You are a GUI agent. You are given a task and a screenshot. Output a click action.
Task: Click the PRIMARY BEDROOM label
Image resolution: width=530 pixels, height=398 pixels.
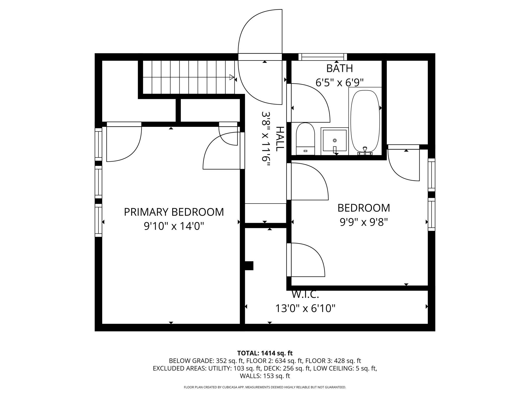[174, 212]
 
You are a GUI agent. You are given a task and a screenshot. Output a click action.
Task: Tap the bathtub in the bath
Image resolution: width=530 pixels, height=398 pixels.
[365, 121]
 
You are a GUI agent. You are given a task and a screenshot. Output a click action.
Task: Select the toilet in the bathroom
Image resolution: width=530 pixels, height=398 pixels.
[305, 139]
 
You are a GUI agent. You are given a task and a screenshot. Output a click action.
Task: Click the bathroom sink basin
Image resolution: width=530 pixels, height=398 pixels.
[335, 141]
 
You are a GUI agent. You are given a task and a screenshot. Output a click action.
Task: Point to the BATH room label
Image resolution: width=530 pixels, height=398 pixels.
[340, 68]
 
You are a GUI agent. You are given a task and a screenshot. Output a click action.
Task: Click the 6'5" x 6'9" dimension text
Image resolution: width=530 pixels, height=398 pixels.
[340, 82]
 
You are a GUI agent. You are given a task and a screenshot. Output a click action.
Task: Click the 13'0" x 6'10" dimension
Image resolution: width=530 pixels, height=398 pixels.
[305, 308]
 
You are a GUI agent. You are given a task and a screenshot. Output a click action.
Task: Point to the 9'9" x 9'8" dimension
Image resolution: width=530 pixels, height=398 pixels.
[364, 222]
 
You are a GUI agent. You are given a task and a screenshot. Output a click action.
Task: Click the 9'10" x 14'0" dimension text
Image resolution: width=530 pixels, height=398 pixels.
[174, 226]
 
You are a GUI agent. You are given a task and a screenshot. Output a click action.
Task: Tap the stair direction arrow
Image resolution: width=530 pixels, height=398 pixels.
[232, 77]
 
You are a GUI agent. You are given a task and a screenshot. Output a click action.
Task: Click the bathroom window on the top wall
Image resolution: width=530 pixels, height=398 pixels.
[323, 57]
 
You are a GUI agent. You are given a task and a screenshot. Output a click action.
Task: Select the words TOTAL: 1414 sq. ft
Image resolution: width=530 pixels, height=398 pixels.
[265, 353]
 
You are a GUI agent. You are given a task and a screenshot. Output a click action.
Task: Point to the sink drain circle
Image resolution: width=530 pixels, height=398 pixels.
[335, 141]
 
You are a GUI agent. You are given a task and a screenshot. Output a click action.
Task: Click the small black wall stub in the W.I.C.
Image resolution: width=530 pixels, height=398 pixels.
[249, 266]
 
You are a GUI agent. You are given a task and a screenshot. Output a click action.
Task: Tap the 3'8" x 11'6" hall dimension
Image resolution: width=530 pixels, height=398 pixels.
[266, 140]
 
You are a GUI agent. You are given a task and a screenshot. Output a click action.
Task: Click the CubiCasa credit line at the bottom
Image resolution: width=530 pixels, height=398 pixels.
[265, 387]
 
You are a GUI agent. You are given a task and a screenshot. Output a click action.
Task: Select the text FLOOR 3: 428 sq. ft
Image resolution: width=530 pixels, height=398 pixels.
[333, 361]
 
